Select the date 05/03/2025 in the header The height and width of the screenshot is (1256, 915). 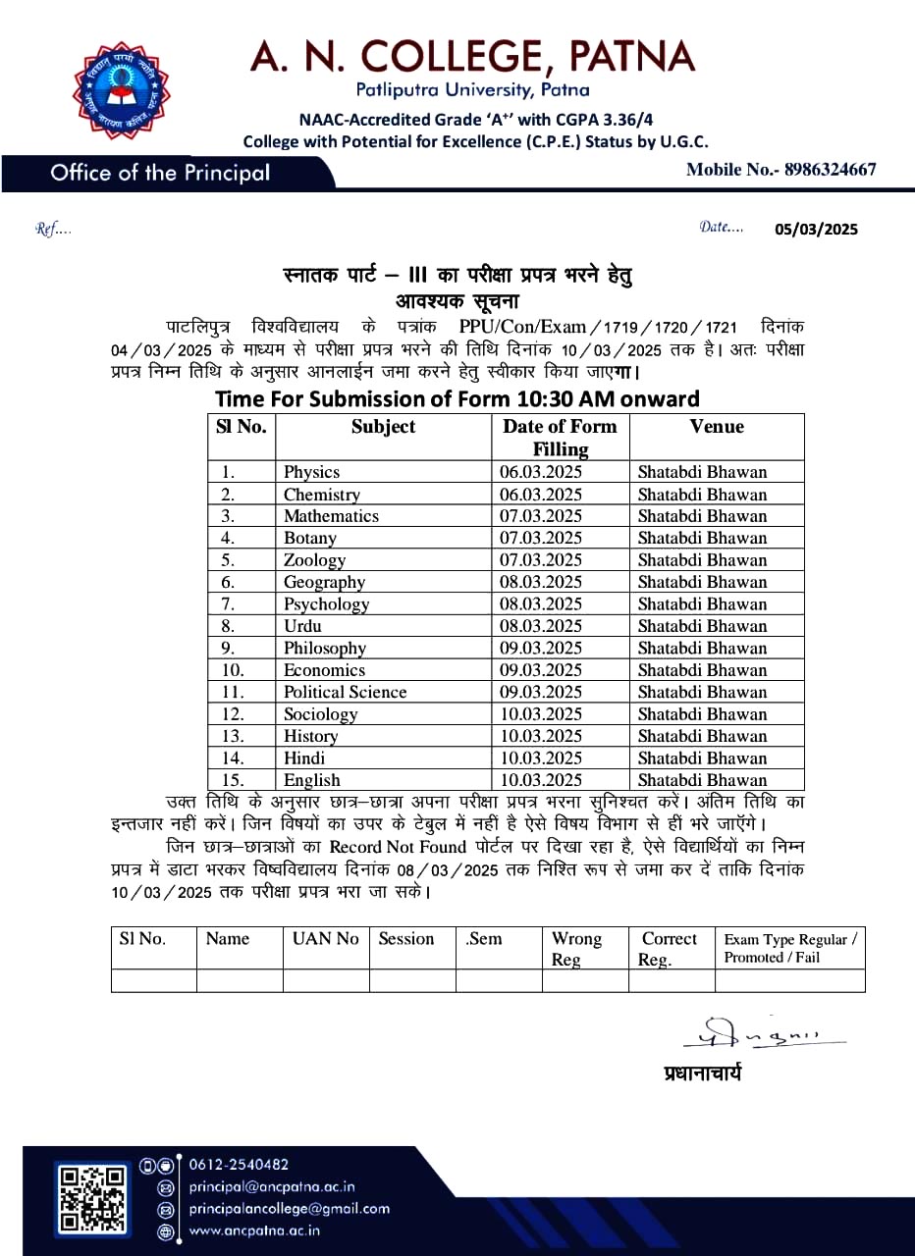click(816, 230)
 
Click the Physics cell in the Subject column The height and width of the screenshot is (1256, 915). click(311, 472)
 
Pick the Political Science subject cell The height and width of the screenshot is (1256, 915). click(345, 692)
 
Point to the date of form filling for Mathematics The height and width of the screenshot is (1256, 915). click(541, 516)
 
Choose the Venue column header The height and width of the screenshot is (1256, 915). click(717, 427)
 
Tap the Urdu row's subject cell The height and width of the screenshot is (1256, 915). click(302, 626)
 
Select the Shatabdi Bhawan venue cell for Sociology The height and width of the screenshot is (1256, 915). click(702, 714)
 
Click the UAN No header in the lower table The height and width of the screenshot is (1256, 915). click(326, 939)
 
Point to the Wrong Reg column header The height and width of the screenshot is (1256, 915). click(576, 948)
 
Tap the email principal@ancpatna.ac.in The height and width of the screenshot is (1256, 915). click(271, 1186)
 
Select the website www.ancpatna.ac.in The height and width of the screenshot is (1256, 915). click(254, 1230)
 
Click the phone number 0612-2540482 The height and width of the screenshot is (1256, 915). click(239, 1165)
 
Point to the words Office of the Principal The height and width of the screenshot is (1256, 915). click(160, 174)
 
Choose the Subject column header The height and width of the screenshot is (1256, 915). click(383, 427)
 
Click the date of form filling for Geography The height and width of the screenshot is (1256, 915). click(541, 582)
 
